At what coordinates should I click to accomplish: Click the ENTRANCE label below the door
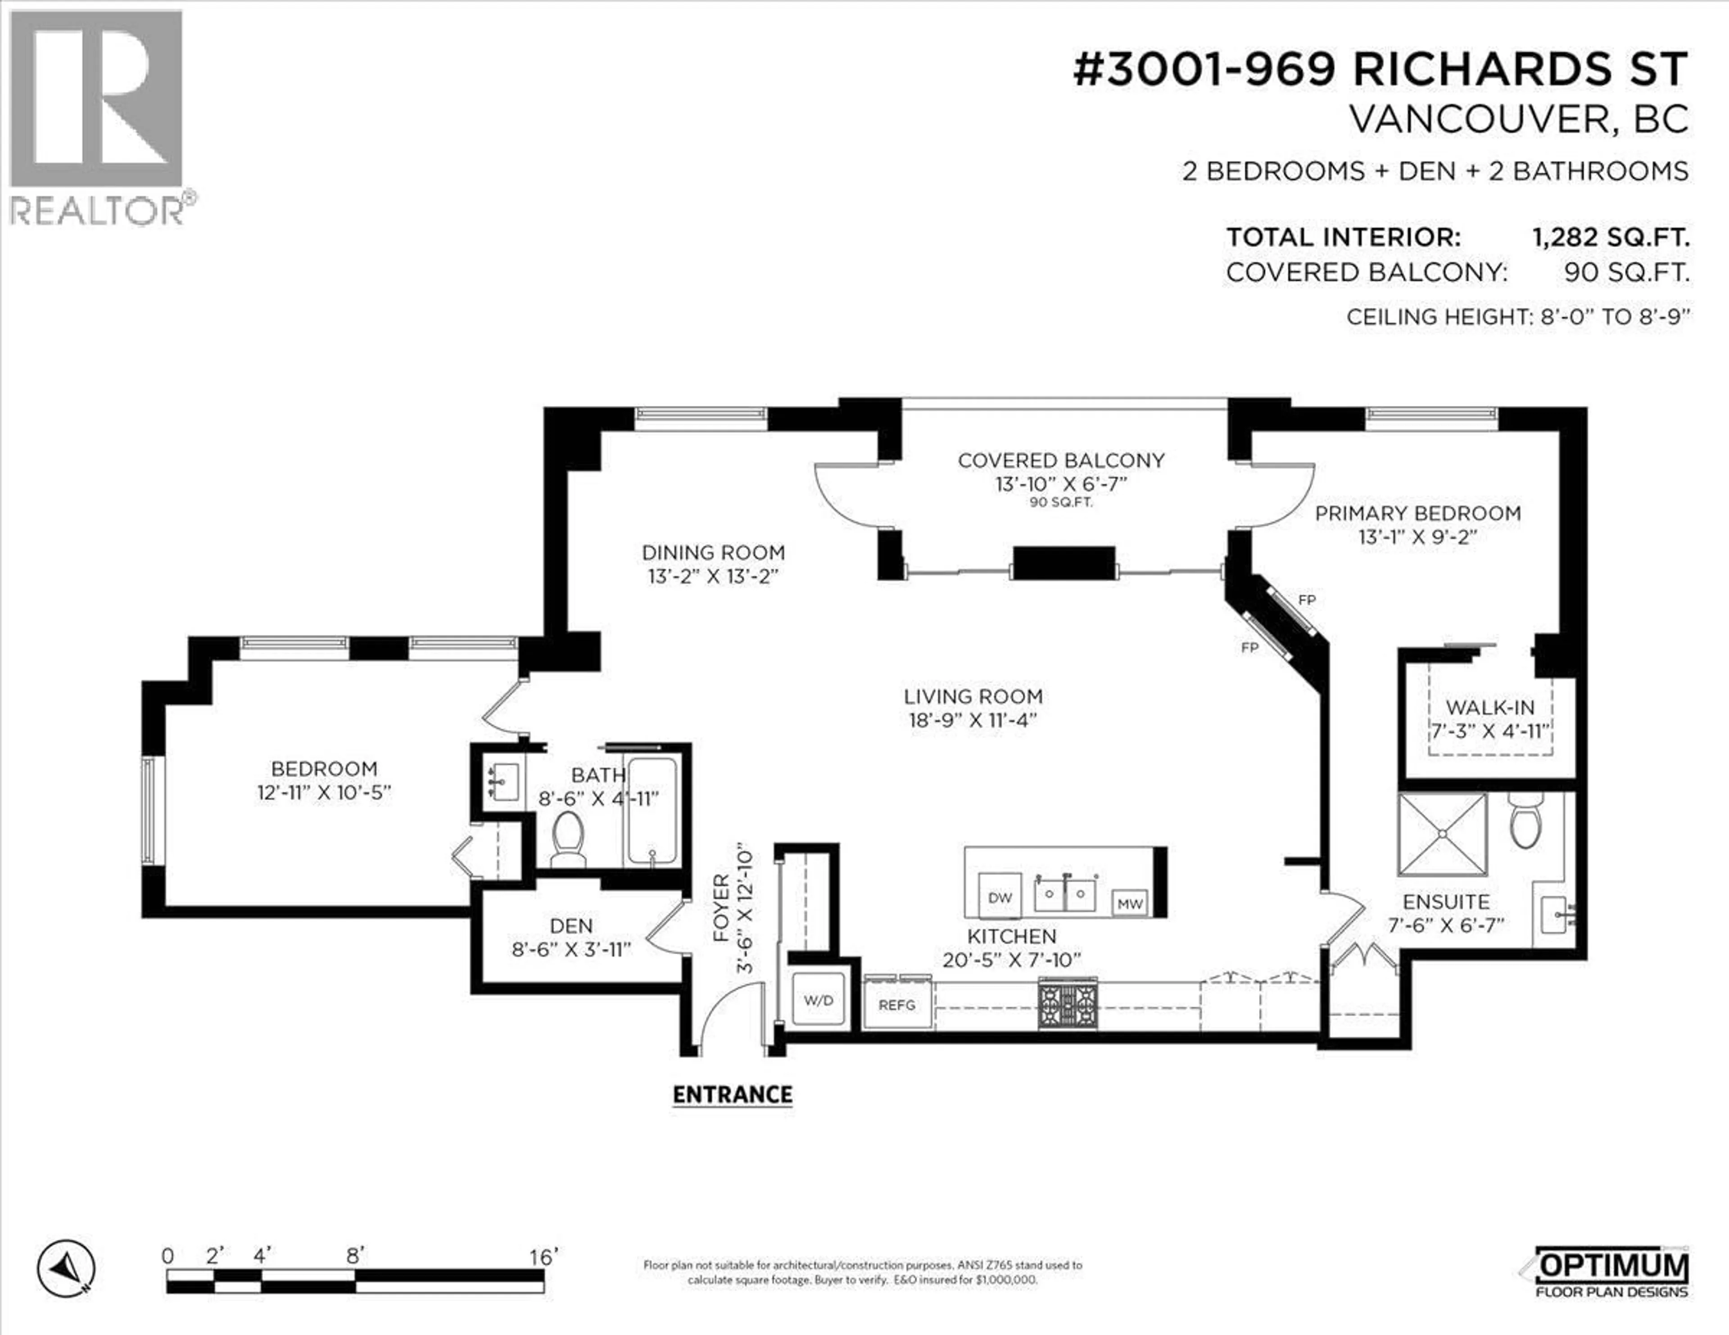732,1095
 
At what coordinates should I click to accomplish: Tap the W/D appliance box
819,1000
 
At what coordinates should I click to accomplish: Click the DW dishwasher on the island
1000,898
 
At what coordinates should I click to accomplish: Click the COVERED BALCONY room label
1061,460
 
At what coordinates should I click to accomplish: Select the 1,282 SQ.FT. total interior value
1610,237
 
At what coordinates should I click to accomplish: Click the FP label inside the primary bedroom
1307,600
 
